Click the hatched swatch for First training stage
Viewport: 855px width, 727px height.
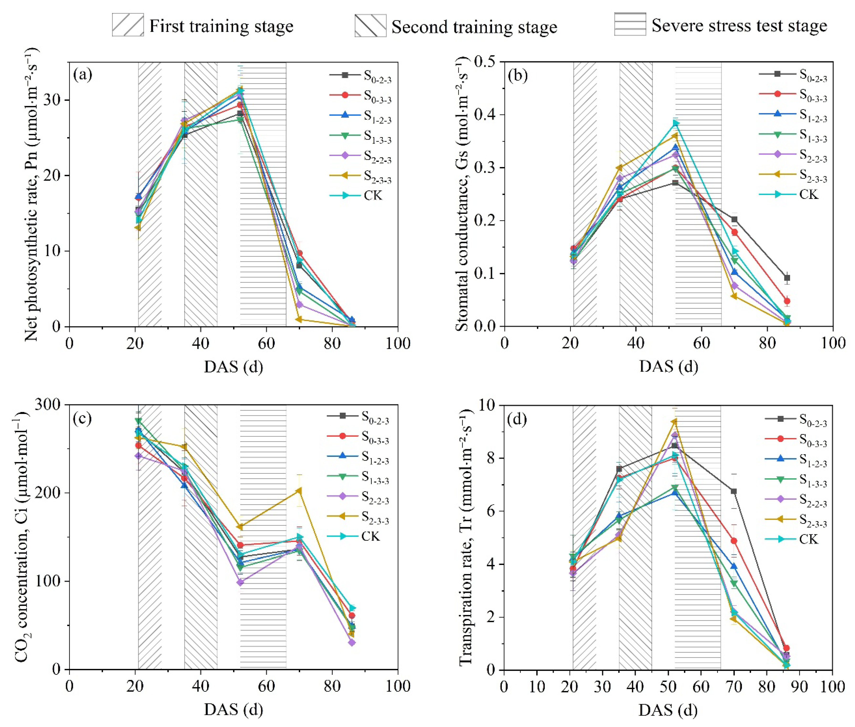point(128,25)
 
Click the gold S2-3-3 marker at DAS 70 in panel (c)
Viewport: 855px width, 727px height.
point(299,490)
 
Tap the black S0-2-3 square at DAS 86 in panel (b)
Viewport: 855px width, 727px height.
point(787,278)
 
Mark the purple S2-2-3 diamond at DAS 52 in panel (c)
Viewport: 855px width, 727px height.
point(240,582)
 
